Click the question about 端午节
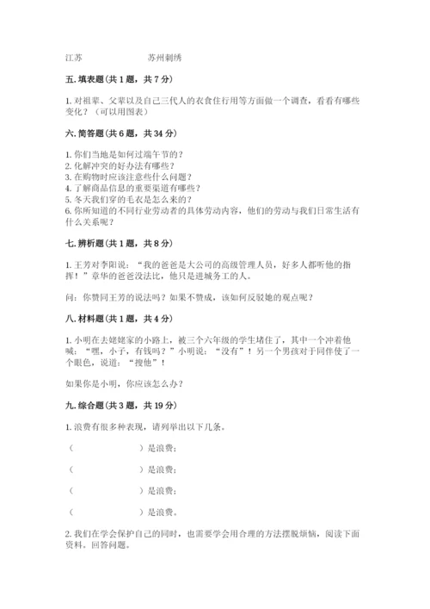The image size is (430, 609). pyautogui.click(x=129, y=154)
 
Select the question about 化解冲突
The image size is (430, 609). pyautogui.click(x=120, y=165)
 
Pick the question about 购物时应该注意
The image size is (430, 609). pyautogui.click(x=129, y=177)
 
